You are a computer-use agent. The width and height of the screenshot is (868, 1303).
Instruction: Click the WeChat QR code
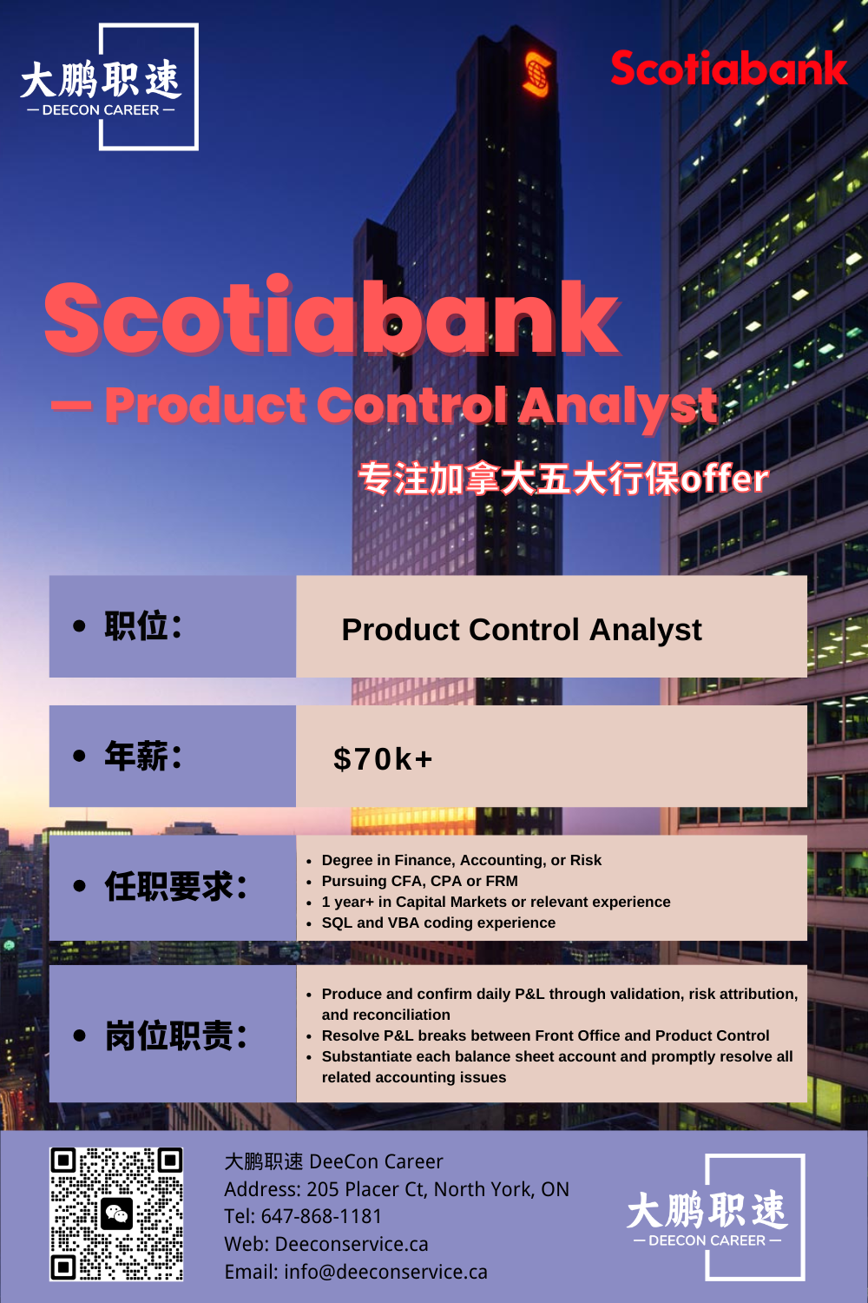(x=116, y=1214)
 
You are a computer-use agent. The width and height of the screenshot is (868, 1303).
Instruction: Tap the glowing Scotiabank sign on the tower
(x=536, y=73)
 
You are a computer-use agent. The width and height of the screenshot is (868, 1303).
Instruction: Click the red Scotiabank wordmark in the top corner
(x=729, y=68)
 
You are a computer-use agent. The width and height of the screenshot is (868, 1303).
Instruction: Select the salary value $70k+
(x=383, y=759)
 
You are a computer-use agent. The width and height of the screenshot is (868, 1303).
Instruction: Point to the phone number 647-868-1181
(x=321, y=1216)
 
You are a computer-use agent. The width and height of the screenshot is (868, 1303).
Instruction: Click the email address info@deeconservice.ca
(x=385, y=1273)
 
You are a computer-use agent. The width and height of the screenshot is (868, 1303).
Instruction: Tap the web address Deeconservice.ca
(x=352, y=1244)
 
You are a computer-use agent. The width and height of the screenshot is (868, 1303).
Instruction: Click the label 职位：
(x=143, y=626)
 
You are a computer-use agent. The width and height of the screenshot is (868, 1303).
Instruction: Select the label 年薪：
(x=143, y=756)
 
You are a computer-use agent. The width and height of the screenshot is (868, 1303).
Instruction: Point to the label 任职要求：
(x=175, y=887)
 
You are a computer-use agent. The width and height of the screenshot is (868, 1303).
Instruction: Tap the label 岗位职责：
(x=175, y=1036)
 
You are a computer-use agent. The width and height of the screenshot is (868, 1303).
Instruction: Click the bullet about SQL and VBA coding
(x=438, y=923)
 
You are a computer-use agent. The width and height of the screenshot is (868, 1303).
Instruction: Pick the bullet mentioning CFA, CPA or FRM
(x=420, y=881)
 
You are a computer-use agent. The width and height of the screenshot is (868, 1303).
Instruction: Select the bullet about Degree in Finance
(x=462, y=860)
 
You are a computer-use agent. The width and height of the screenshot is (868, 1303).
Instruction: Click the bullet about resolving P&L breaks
(x=545, y=1035)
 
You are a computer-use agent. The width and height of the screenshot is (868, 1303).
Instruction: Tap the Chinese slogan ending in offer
(x=563, y=479)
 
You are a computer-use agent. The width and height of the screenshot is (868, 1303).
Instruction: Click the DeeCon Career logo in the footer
(x=716, y=1217)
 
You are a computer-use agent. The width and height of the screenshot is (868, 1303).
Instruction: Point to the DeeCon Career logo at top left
(x=109, y=87)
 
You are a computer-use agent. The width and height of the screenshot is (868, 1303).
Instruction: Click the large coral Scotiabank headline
(x=332, y=318)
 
